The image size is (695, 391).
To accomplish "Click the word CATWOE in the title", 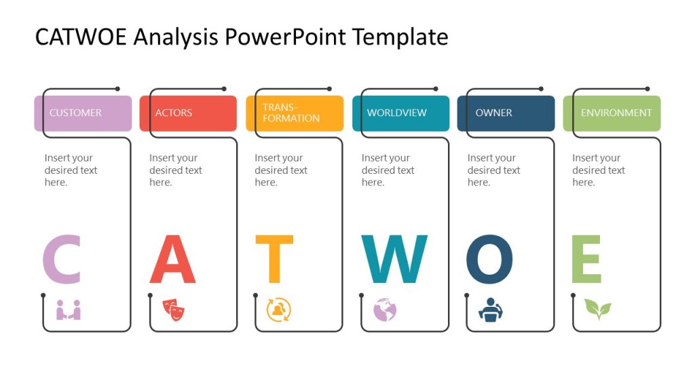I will pos(81,37).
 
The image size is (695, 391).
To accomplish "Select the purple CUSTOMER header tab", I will pos(83,113).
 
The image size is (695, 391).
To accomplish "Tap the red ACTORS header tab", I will pos(188,113).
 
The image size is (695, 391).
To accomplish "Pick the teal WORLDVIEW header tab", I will pos(400,113).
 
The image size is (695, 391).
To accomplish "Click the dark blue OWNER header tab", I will pos(506,113).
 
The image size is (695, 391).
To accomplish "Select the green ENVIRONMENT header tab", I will pos(612,113).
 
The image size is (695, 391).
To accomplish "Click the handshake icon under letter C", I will pos(69,310).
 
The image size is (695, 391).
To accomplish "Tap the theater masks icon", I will pos(174,309).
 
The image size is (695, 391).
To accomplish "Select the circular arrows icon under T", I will pos(279,310).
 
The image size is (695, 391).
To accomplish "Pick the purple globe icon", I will pos(385,310).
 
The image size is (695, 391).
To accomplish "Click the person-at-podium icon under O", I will pos(491,310).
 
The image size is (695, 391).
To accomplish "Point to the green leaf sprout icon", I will pos(597,310).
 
